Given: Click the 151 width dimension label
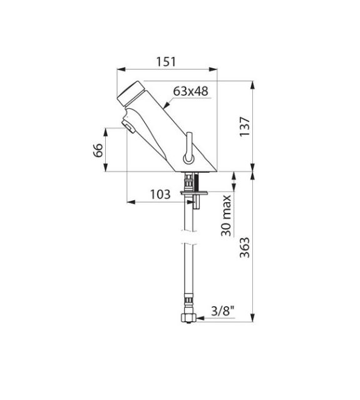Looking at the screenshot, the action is coord(166,62).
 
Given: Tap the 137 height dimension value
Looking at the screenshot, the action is coord(244,127).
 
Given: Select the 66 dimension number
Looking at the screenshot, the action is coord(98,150).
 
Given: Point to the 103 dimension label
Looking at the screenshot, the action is coord(160,195).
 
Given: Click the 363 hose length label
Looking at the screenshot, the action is coord(244,247).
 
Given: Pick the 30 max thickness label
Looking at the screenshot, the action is coord(226,216).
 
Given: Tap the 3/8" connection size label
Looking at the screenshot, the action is coord(222,311).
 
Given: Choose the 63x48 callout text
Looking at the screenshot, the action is coord(190,91).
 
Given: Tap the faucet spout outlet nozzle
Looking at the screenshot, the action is coord(128,127).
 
